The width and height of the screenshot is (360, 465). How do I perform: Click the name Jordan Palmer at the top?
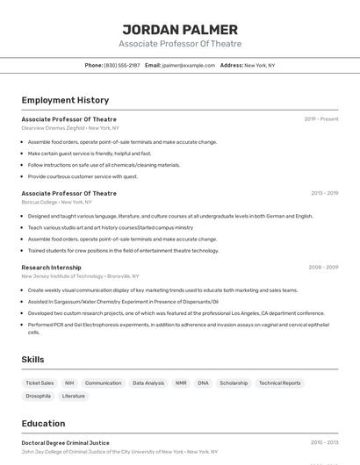pos(180,29)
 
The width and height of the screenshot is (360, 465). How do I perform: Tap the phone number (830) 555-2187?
pos(122,65)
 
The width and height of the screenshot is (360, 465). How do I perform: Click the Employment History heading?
pos(65,100)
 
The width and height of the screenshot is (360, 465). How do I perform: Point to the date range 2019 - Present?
pos(321,119)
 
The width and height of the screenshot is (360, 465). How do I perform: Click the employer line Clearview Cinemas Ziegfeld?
pos(70,128)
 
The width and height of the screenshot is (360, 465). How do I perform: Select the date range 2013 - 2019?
pos(324,193)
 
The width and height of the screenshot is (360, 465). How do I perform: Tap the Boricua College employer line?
pos(56,202)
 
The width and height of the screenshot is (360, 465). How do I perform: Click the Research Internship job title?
pos(51,268)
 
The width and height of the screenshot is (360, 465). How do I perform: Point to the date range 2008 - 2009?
pos(323,268)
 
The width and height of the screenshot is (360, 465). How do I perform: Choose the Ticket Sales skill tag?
pos(40,383)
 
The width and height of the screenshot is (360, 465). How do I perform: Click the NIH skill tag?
pos(69,383)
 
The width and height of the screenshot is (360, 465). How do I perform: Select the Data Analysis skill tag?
pos(148,383)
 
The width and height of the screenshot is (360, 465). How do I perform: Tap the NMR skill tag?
pos(181,383)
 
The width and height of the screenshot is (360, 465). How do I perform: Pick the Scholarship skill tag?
pos(234,383)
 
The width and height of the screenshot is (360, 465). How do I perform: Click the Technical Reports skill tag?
pos(280,383)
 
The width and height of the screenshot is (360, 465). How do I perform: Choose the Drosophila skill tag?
pos(38,396)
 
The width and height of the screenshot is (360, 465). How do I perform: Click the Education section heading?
pos(43,423)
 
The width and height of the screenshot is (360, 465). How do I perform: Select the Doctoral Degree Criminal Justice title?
pos(65,443)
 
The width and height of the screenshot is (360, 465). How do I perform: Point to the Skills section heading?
pos(32,360)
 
